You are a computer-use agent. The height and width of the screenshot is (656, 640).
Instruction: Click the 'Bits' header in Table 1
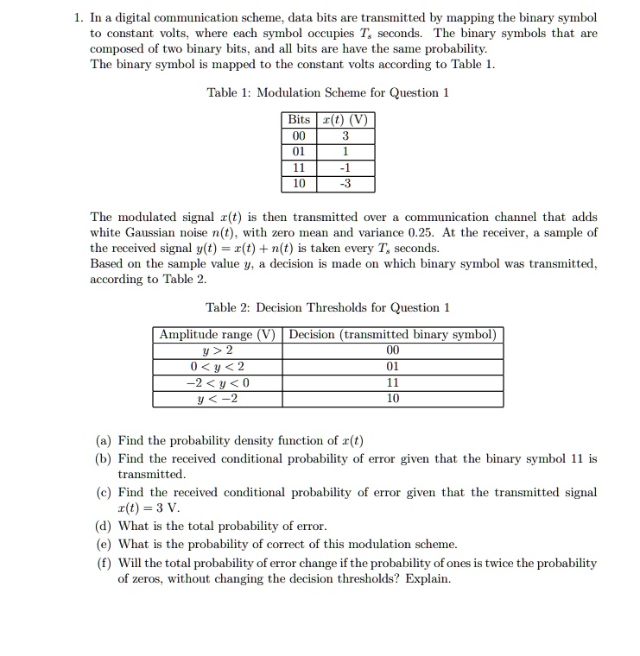tap(299, 119)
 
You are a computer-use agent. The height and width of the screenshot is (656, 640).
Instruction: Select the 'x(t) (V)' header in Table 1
tap(345, 119)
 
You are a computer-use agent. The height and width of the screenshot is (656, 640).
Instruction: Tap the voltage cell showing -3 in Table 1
tap(345, 184)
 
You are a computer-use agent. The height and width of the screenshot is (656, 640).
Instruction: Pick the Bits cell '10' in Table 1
tap(299, 184)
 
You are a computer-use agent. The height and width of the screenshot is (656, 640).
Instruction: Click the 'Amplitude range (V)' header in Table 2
tap(218, 335)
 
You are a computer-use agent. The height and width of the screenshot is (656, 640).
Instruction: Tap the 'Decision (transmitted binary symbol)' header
tap(393, 335)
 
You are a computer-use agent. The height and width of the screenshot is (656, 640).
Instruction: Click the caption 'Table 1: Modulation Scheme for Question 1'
tap(328, 92)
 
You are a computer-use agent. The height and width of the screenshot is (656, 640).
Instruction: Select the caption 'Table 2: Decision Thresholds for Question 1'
tap(328, 308)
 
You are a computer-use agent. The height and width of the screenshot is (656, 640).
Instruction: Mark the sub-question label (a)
tap(103, 440)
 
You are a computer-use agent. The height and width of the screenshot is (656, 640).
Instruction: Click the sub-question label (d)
tap(103, 527)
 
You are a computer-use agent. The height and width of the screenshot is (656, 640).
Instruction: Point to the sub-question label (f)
tap(103, 563)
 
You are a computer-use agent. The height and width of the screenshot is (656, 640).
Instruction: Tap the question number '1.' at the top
tap(79, 18)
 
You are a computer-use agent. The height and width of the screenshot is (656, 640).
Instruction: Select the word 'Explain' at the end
tap(428, 579)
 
